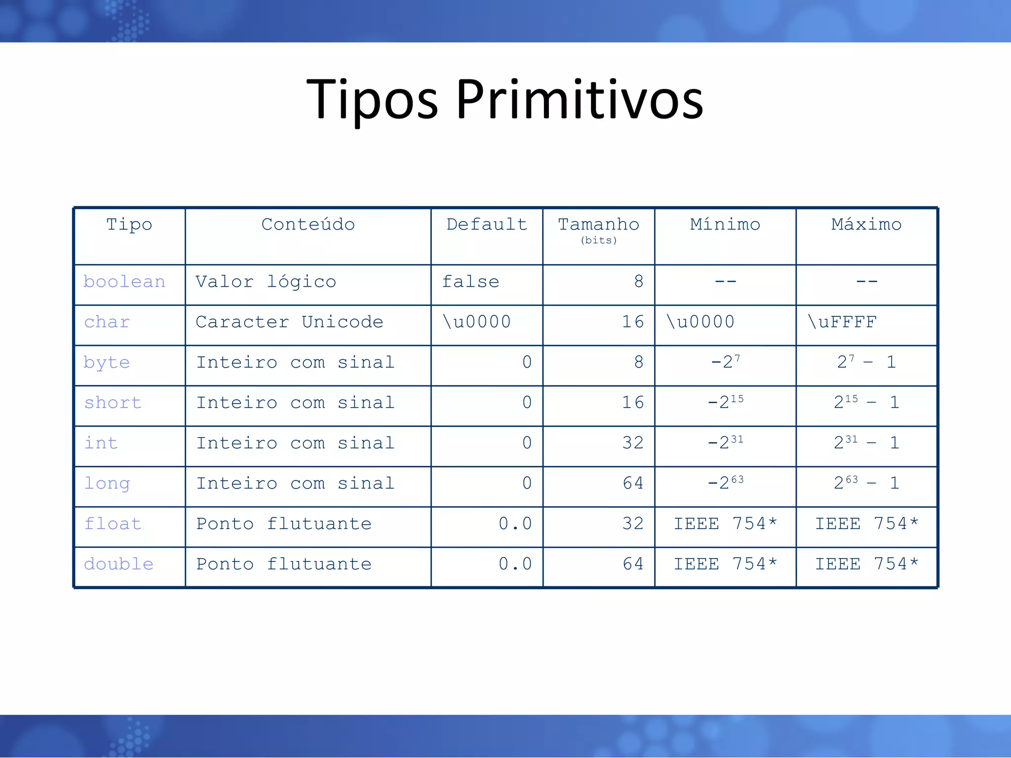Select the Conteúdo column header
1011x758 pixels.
[308, 225]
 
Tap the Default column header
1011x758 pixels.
[487, 225]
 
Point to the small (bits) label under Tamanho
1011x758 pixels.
[598, 240]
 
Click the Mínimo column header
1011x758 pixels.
[725, 225]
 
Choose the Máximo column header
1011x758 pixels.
[866, 225]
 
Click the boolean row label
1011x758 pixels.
[124, 282]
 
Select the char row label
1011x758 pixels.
[107, 322]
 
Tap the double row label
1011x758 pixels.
[119, 564]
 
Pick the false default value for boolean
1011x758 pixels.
[470, 282]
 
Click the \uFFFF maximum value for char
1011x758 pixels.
[842, 322]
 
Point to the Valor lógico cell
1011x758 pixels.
[266, 282]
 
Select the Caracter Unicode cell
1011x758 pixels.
[289, 322]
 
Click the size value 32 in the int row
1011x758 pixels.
[632, 443]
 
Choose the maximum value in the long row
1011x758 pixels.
[866, 483]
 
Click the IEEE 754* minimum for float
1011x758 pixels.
[725, 524]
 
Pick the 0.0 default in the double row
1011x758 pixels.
[515, 564]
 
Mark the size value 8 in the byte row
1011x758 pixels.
[638, 363]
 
